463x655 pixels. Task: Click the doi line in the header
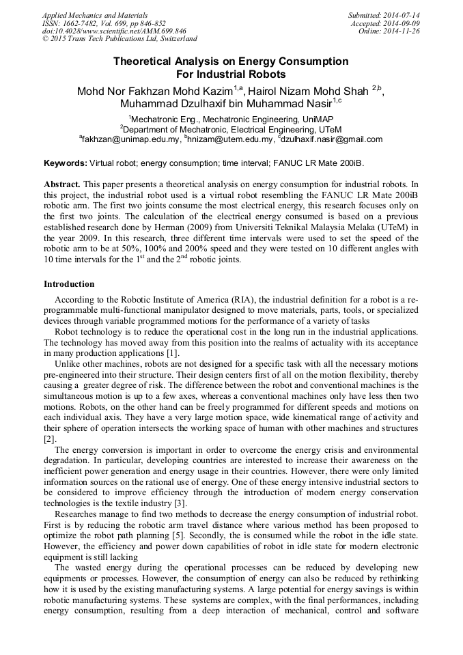(114, 31)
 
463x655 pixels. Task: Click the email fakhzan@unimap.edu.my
(130, 139)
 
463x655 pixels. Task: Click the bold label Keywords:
(66, 164)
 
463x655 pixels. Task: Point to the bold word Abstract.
(62, 184)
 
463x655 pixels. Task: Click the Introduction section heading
(69, 283)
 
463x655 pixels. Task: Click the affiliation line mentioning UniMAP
(231, 119)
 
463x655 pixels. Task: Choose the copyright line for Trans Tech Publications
(120, 40)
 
